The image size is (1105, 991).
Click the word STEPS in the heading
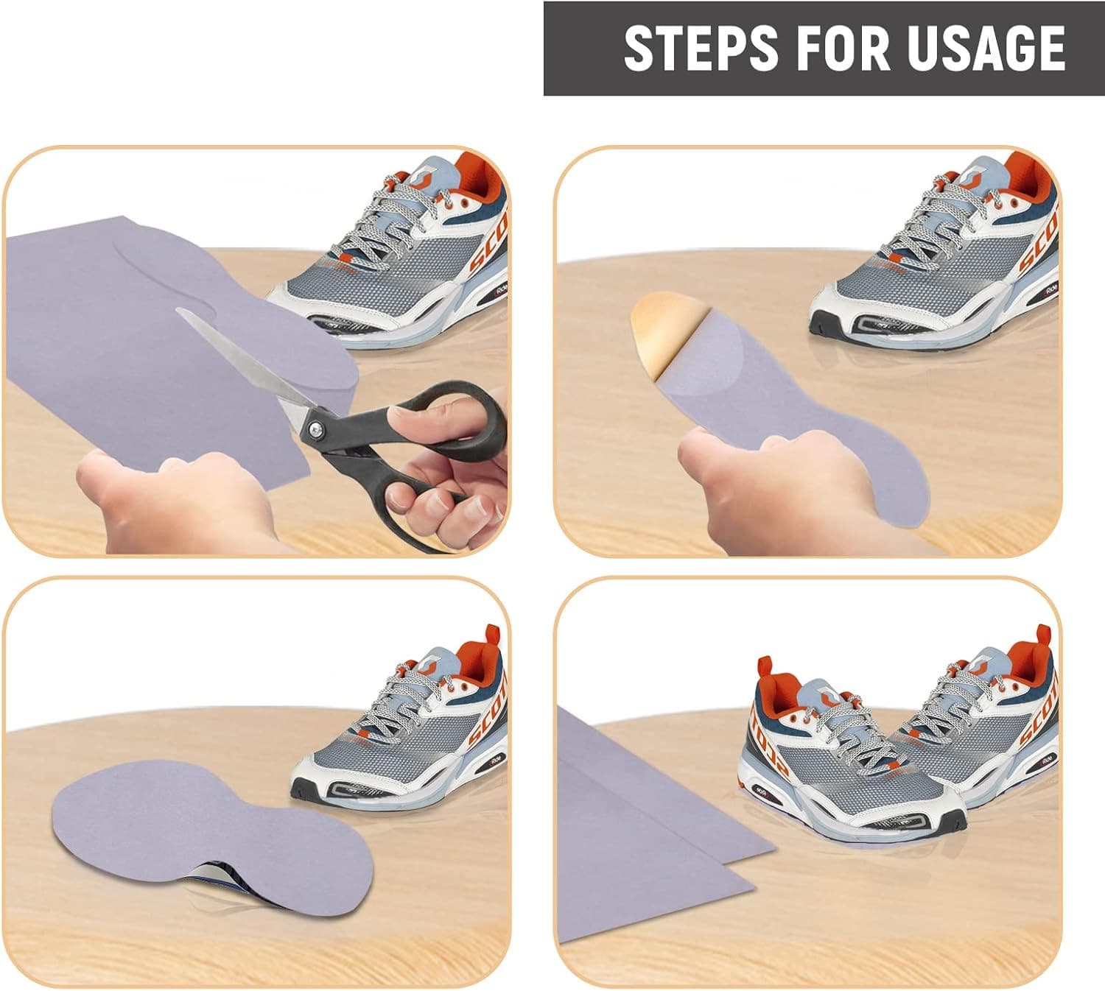tap(700, 48)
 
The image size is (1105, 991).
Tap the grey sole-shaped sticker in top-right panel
tap(796, 412)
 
